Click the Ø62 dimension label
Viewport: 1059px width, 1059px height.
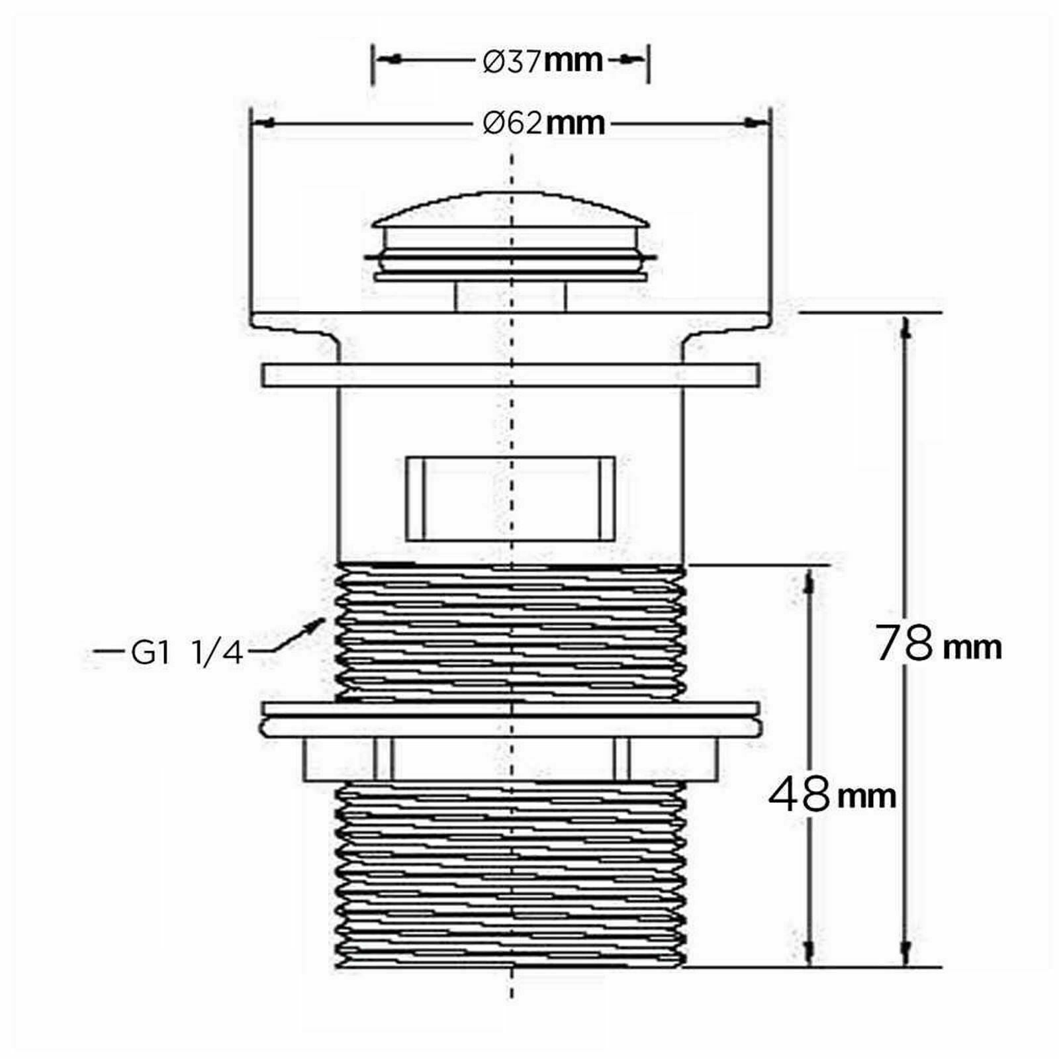tap(543, 123)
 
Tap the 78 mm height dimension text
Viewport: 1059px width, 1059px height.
tap(939, 643)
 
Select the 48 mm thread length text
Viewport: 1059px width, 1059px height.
tap(832, 794)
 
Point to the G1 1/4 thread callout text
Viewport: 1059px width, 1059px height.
tap(188, 653)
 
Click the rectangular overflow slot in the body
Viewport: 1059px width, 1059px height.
tap(510, 498)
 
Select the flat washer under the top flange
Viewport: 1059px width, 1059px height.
tap(510, 375)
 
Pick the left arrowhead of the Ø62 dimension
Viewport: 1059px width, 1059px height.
tap(263, 123)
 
